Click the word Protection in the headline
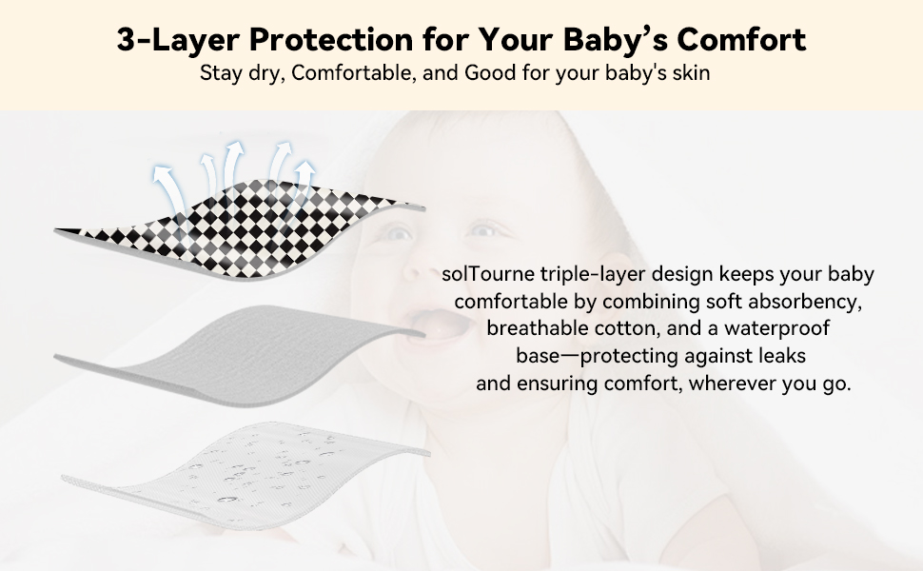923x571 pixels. (331, 39)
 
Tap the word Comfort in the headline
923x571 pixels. (741, 39)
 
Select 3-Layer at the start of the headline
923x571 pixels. (178, 40)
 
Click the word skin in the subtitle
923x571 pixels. (694, 73)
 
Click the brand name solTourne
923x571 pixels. (488, 274)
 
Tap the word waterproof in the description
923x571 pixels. (777, 328)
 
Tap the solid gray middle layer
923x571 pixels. (239, 356)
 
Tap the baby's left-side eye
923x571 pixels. (398, 234)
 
